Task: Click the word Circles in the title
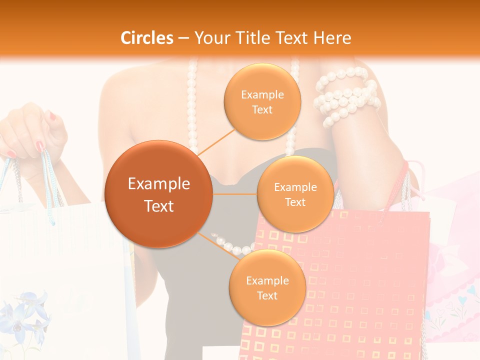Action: (x=147, y=38)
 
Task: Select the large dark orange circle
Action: (x=159, y=194)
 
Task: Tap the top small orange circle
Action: (x=262, y=101)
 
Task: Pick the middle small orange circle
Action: (x=295, y=194)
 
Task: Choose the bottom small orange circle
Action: (x=267, y=287)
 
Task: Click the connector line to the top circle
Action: (x=217, y=141)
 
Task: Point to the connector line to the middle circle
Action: (x=235, y=194)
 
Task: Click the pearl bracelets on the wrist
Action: (x=345, y=97)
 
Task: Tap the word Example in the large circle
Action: (x=159, y=184)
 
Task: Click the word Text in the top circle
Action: (x=262, y=109)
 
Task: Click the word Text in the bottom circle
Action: (x=267, y=295)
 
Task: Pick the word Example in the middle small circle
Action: (x=295, y=187)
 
